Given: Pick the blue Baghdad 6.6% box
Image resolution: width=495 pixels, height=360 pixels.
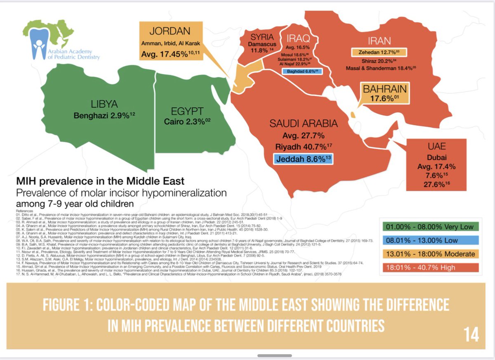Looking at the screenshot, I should pyautogui.click(x=302, y=71).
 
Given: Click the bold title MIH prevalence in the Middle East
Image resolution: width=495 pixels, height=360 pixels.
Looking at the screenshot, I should pyautogui.click(x=100, y=181).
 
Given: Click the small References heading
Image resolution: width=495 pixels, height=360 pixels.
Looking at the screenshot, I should pyautogui.click(x=24, y=210).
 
